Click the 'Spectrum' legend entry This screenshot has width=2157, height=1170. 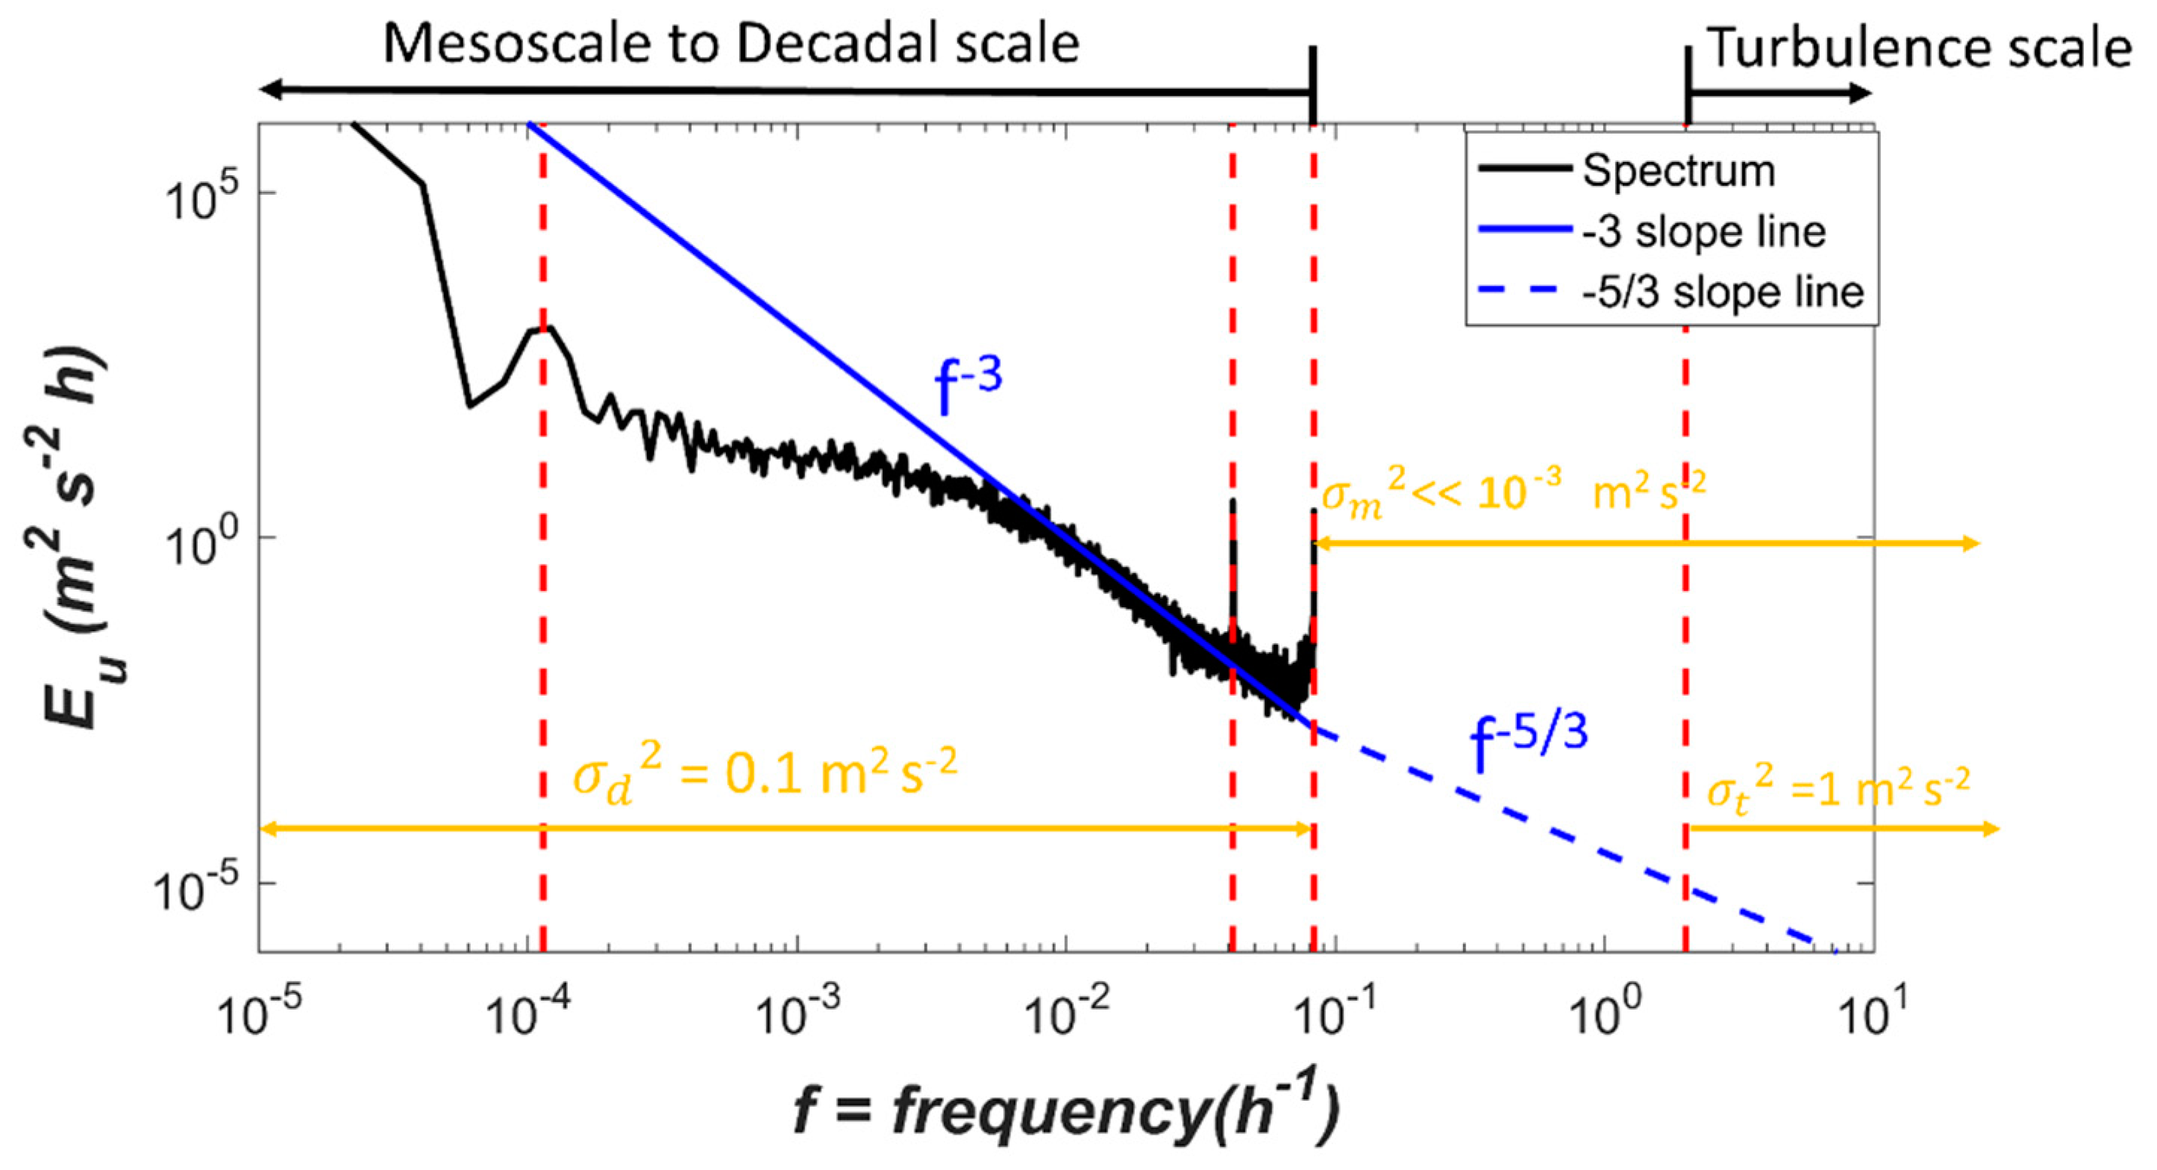tap(1678, 171)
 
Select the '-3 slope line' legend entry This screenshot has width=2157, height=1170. tap(1703, 232)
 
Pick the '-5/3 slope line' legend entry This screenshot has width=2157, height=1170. tap(1723, 292)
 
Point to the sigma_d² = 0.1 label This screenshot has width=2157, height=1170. tap(764, 774)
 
